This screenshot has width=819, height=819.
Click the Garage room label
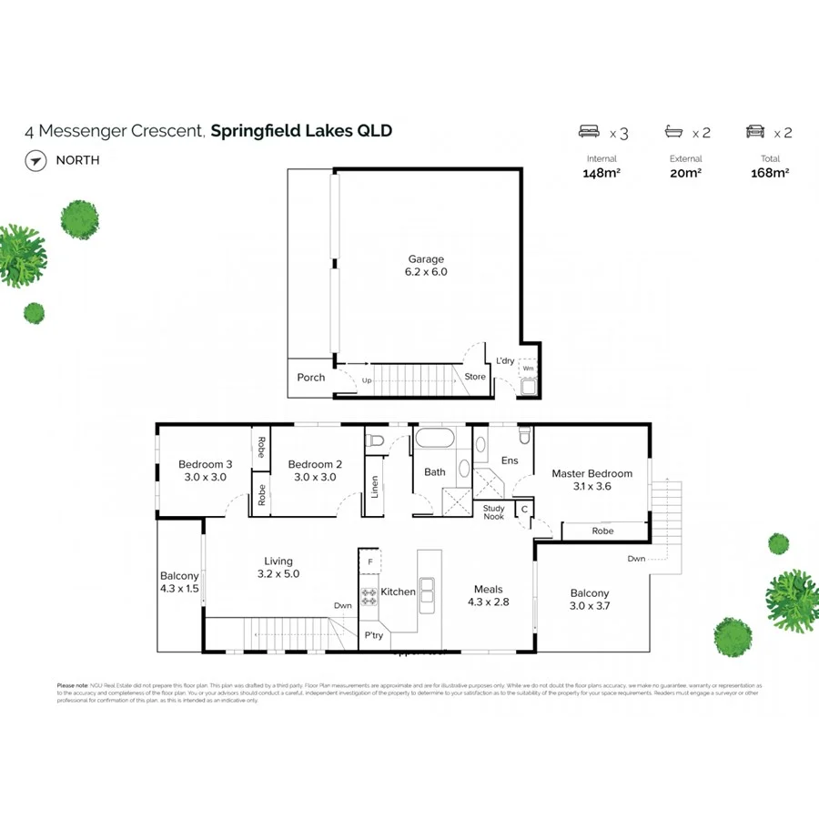426,265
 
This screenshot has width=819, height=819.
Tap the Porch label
311,378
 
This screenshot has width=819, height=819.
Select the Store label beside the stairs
475,377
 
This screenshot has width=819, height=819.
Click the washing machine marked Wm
528,369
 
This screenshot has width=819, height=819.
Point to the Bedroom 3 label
205,470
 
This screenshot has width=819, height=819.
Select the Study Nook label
493,512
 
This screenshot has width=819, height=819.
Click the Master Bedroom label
591,480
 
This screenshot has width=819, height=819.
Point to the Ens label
510,460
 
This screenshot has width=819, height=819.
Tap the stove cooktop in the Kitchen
369,597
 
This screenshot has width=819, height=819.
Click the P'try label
374,635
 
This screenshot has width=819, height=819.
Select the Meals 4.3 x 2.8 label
488,595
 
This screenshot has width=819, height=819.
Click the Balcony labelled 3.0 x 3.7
590,600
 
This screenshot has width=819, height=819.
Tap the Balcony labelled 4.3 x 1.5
179,581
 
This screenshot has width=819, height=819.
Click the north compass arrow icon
35,161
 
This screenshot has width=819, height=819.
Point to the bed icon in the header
591,133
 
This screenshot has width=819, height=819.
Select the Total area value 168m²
769,173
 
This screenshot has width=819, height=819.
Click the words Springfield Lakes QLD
301,131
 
